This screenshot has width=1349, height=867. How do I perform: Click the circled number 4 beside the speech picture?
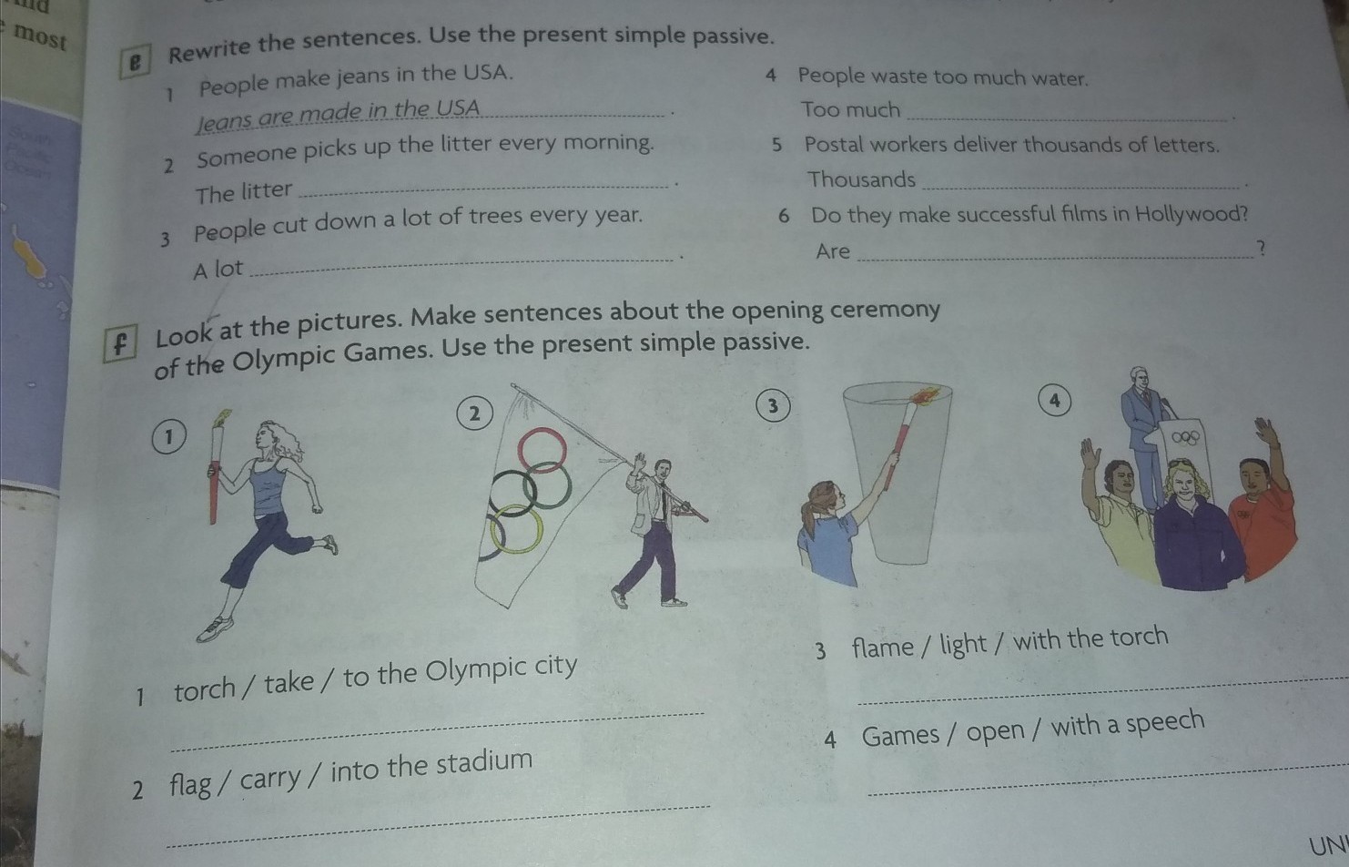1054,401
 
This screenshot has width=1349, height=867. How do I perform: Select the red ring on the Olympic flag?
542,450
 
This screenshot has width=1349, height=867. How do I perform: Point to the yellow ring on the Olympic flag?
516,529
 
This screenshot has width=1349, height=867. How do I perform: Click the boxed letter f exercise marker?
120,343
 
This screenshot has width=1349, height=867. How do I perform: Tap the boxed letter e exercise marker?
135,62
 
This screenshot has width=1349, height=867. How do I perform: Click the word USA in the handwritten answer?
458,108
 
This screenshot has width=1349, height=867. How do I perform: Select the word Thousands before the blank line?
861,178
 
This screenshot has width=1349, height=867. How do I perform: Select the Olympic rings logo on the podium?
1185,437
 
